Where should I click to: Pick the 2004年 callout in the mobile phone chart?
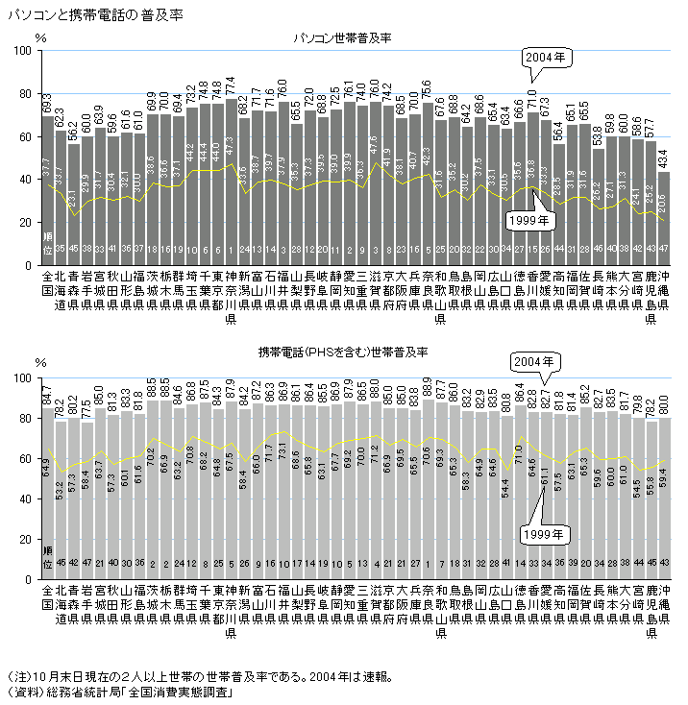(x=534, y=363)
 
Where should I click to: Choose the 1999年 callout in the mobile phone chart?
(x=543, y=531)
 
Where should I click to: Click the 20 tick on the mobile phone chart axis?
(x=30, y=540)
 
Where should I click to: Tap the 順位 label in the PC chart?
(x=48, y=241)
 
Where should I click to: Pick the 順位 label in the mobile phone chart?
(x=48, y=558)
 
